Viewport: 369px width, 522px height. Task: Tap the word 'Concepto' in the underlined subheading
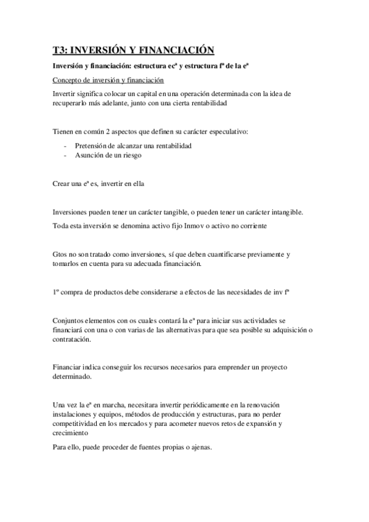69,80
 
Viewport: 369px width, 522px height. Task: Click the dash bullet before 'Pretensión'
65,146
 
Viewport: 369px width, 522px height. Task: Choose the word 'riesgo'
131,155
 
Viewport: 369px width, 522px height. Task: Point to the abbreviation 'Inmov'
193,225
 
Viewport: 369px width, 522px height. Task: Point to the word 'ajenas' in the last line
198,447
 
